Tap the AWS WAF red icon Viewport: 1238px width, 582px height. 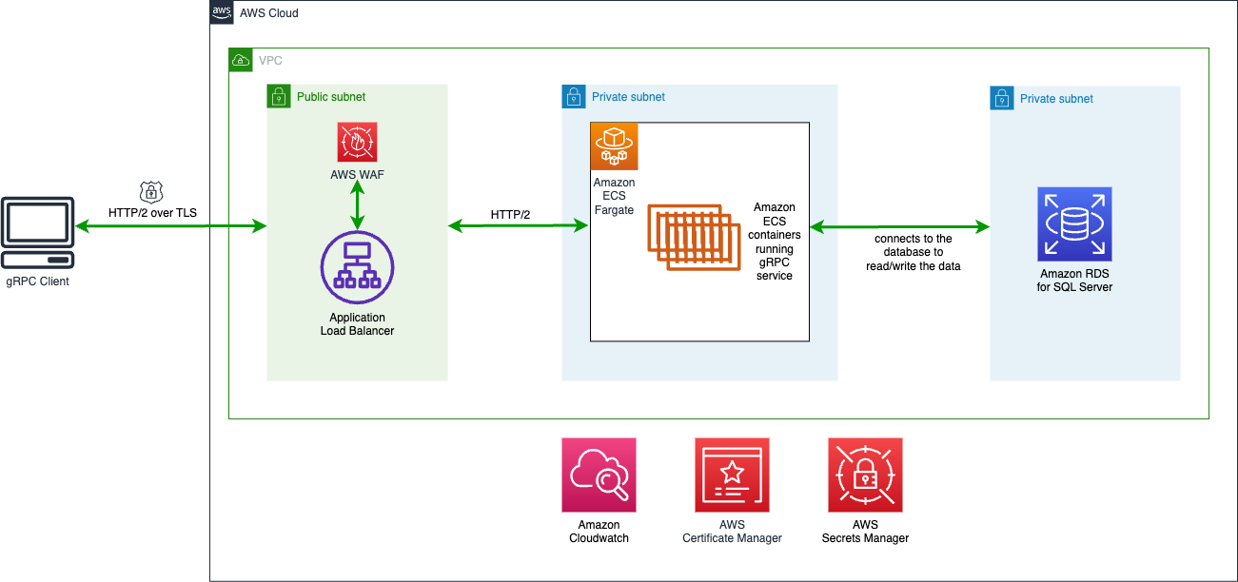(x=357, y=142)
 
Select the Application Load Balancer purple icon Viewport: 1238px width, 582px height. (x=357, y=265)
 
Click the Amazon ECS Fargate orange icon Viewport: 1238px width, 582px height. (x=614, y=146)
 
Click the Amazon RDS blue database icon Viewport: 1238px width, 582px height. (x=1074, y=223)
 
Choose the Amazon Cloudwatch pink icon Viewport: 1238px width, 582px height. (x=599, y=475)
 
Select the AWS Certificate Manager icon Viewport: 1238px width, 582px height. (x=732, y=475)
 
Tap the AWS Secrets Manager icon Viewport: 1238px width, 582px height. (x=865, y=475)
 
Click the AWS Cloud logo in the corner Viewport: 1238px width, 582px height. (x=222, y=12)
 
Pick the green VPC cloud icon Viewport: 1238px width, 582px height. (x=240, y=60)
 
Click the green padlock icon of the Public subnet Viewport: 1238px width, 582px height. (x=278, y=96)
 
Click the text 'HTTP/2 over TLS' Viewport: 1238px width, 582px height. (x=152, y=212)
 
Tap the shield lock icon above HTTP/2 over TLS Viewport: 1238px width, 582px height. (x=150, y=191)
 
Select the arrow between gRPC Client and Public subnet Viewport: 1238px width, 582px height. (x=171, y=226)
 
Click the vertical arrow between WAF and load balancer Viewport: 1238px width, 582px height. (x=357, y=205)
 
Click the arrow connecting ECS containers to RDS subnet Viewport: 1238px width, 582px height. (x=899, y=226)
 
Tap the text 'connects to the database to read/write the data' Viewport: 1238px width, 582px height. (x=913, y=252)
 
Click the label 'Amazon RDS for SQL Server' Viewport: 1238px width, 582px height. (x=1074, y=280)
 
